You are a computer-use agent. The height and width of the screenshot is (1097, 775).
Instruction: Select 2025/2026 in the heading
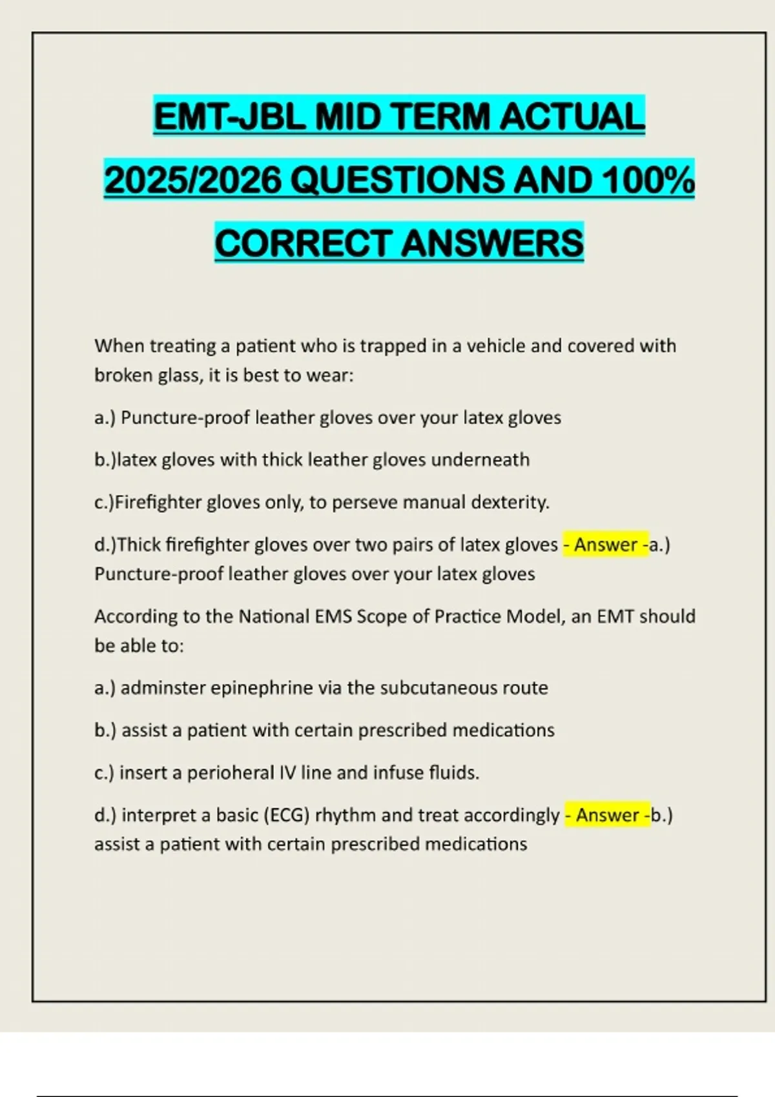(192, 180)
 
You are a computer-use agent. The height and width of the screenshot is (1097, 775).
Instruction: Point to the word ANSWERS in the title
(492, 243)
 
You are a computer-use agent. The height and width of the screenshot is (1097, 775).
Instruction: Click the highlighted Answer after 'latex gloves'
(606, 545)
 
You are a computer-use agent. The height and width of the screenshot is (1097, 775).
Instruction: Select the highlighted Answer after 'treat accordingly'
(608, 815)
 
